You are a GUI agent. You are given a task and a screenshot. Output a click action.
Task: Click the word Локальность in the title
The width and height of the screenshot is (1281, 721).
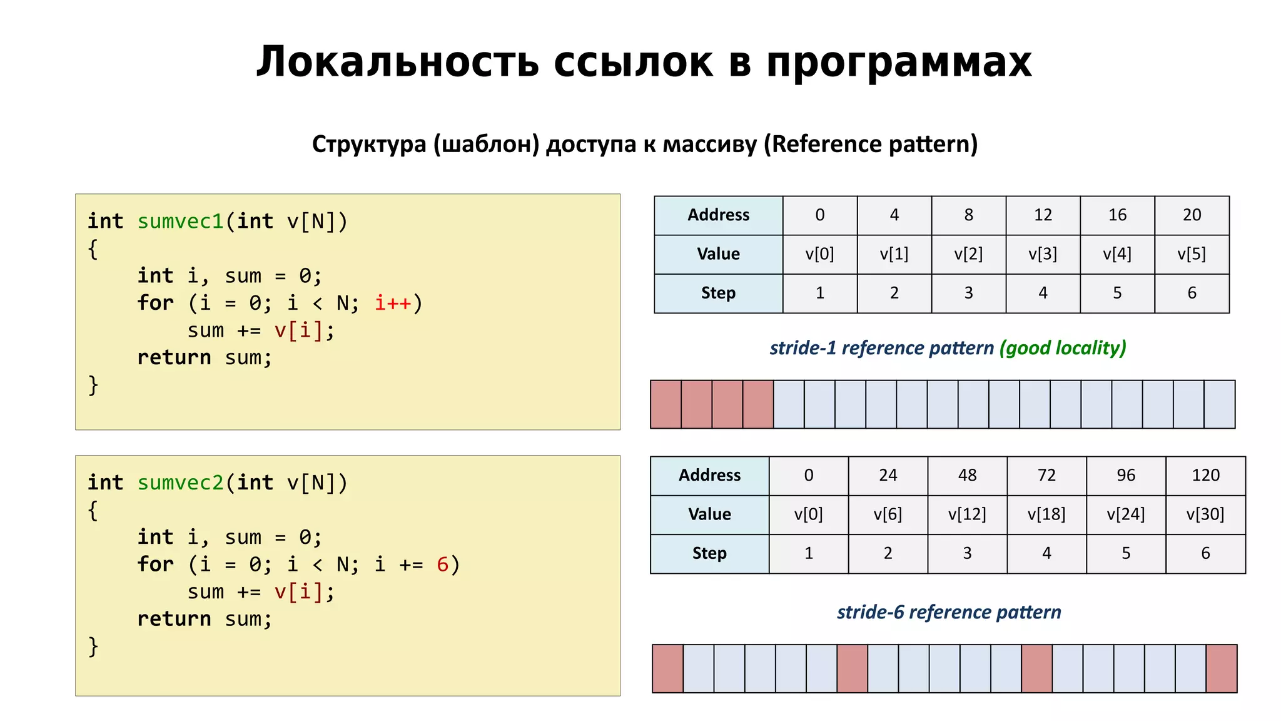pyautogui.click(x=397, y=63)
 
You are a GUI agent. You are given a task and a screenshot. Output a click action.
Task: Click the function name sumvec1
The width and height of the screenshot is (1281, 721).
pyautogui.click(x=180, y=222)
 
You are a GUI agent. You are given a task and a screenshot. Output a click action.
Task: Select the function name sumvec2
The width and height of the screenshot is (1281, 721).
pyautogui.click(x=180, y=483)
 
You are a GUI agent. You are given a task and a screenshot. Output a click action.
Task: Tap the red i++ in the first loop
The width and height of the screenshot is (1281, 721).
pyautogui.click(x=393, y=304)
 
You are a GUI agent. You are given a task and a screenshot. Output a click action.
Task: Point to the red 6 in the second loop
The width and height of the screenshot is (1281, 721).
pyautogui.click(x=442, y=565)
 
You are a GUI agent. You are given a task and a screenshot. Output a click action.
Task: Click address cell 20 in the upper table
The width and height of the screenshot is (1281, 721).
pyautogui.click(x=1192, y=215)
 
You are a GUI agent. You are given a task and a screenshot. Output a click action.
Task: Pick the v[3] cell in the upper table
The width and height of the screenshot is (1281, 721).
pyautogui.click(x=1043, y=254)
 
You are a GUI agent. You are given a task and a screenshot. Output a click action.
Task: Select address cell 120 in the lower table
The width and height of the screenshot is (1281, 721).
pyautogui.click(x=1205, y=476)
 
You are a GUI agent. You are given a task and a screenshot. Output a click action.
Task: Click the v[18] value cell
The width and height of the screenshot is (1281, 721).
pyautogui.click(x=1046, y=514)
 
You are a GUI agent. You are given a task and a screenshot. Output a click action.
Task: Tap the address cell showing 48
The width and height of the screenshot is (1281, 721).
pyautogui.click(x=967, y=476)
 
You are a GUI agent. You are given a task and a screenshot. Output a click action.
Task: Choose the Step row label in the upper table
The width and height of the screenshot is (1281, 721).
pyautogui.click(x=718, y=293)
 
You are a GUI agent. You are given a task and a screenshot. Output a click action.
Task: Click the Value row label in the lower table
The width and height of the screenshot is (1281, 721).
pyautogui.click(x=709, y=514)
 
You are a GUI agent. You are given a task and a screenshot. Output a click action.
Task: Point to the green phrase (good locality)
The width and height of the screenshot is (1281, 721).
pyautogui.click(x=1062, y=348)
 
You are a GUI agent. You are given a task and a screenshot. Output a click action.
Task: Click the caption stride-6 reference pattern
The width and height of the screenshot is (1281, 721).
pyautogui.click(x=948, y=612)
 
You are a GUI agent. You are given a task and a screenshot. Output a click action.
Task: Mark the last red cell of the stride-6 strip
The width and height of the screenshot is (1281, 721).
pyautogui.click(x=1221, y=668)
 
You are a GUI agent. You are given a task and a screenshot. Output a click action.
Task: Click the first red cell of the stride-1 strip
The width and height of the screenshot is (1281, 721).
pyautogui.click(x=666, y=404)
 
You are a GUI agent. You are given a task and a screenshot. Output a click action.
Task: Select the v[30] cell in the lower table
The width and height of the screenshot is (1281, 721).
pyautogui.click(x=1205, y=514)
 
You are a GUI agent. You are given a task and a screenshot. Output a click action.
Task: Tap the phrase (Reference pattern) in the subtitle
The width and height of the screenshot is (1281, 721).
pyautogui.click(x=870, y=145)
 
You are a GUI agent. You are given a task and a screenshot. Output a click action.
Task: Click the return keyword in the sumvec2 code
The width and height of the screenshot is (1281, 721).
pyautogui.click(x=174, y=619)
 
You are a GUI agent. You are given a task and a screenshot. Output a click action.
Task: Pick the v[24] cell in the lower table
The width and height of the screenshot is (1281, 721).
pyautogui.click(x=1126, y=514)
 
